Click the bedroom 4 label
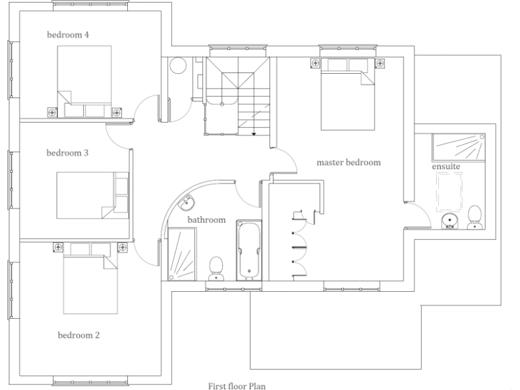[x=68, y=35]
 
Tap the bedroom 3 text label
[x=68, y=153]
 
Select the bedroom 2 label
[x=79, y=335]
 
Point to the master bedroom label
[x=349, y=162]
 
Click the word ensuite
[x=446, y=167]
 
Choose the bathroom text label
[x=207, y=220]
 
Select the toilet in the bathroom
[x=217, y=267]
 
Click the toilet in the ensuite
[x=475, y=217]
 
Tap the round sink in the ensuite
[x=449, y=221]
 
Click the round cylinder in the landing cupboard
[x=178, y=66]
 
